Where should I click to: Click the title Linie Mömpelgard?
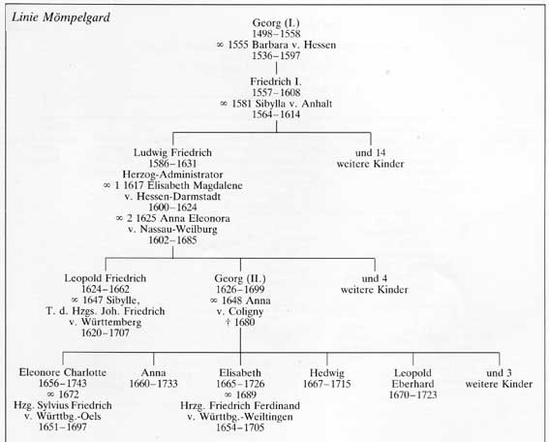point(61,17)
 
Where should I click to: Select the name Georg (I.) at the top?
point(276,23)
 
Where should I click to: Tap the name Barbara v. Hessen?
point(293,45)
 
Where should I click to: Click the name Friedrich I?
point(276,81)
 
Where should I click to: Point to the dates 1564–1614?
point(276,114)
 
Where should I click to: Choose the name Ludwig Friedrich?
point(172,153)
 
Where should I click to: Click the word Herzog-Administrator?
point(172,174)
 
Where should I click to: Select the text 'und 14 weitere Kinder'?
point(371,158)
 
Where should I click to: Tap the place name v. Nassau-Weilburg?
point(172,229)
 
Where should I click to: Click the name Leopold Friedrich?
point(106,278)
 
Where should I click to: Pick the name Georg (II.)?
point(240,278)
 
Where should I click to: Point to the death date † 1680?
point(240,322)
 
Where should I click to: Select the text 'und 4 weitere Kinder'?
point(375,284)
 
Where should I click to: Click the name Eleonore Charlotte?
point(63,372)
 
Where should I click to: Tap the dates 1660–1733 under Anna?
point(154,384)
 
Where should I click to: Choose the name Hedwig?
point(327,373)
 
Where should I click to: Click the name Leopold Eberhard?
point(412,378)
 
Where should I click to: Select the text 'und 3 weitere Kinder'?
point(499,378)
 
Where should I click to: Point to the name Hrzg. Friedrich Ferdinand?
point(240,406)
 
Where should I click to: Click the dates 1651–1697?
point(63,426)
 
